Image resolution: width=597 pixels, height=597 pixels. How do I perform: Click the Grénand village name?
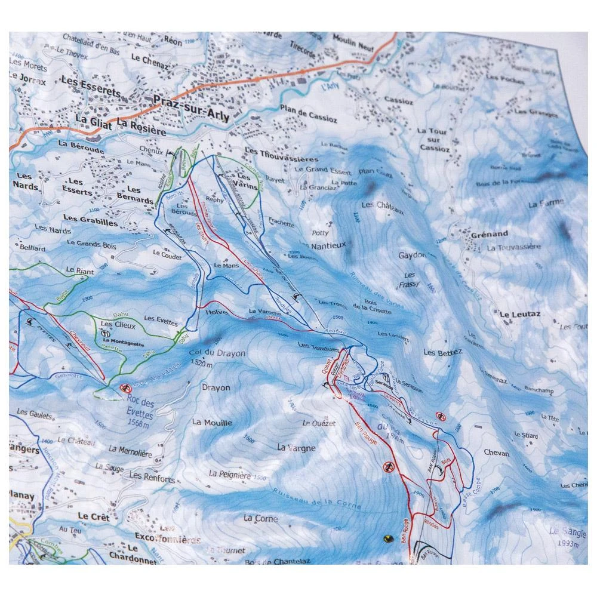coord(488,233)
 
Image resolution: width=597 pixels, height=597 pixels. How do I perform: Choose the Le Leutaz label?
coord(516,314)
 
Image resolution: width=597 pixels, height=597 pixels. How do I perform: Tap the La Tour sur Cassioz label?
coord(432,139)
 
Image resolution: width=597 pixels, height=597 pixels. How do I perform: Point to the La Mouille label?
coord(212,422)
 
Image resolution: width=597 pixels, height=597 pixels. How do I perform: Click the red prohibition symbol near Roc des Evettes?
coord(125,388)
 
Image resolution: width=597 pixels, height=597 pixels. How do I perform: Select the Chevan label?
coord(497,453)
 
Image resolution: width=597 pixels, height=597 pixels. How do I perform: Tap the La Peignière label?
coord(230,475)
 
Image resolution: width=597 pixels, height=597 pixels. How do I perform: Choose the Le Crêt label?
coord(93,517)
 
